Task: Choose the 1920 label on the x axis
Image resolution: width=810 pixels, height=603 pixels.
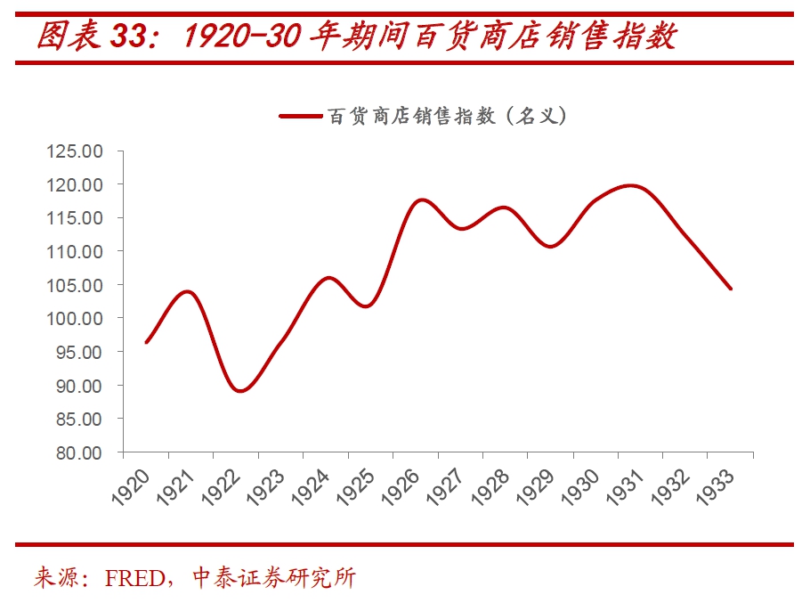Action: (x=130, y=487)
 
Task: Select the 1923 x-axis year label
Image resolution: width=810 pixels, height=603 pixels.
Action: (x=265, y=487)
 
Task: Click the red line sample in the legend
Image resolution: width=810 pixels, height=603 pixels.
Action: (x=300, y=116)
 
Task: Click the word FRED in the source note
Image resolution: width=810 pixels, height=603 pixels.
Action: (x=134, y=577)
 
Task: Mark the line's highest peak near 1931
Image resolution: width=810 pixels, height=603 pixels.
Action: (x=630, y=185)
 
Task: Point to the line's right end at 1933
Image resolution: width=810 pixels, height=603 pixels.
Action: (x=731, y=289)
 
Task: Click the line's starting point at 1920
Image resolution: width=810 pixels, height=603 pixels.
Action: (x=146, y=342)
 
